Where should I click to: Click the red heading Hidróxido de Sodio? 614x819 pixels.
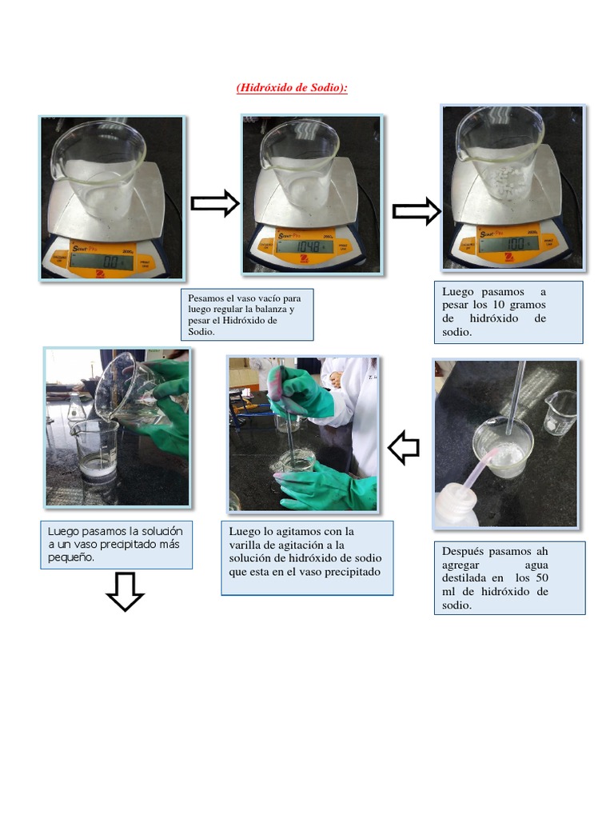point(292,87)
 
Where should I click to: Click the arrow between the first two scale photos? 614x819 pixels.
point(215,203)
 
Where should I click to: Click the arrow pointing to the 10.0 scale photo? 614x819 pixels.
point(417,211)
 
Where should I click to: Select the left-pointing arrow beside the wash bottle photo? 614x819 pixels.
point(404,448)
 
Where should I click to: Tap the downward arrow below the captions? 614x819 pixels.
point(126,592)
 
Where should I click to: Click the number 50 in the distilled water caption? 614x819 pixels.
point(543,577)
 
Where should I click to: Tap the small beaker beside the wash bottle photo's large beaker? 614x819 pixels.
point(560,413)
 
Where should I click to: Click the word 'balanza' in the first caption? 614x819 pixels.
point(272,310)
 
